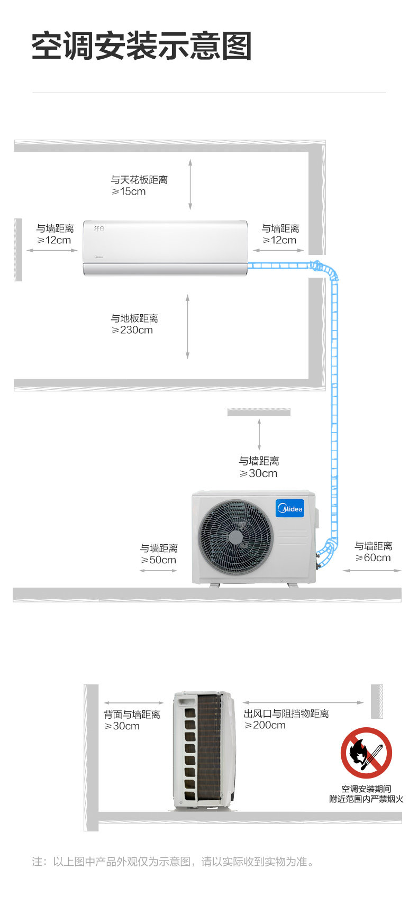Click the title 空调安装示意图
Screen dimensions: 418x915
141,47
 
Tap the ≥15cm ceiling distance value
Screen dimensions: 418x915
129,191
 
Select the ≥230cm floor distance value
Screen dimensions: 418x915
132,330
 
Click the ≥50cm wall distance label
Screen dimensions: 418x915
159,560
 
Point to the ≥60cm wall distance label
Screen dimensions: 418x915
373,558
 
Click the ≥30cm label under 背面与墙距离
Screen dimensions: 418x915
122,726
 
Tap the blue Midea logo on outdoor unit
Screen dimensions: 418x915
289,508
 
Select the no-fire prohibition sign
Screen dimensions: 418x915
366,753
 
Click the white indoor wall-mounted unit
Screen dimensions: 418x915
165,248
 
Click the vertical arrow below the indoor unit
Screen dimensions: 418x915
187,327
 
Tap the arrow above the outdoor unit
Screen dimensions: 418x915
259,434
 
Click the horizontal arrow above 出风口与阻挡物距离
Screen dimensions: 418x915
303,702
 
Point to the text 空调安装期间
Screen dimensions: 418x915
366,789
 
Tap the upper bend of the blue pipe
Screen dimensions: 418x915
327,269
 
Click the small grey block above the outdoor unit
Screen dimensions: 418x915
259,412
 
